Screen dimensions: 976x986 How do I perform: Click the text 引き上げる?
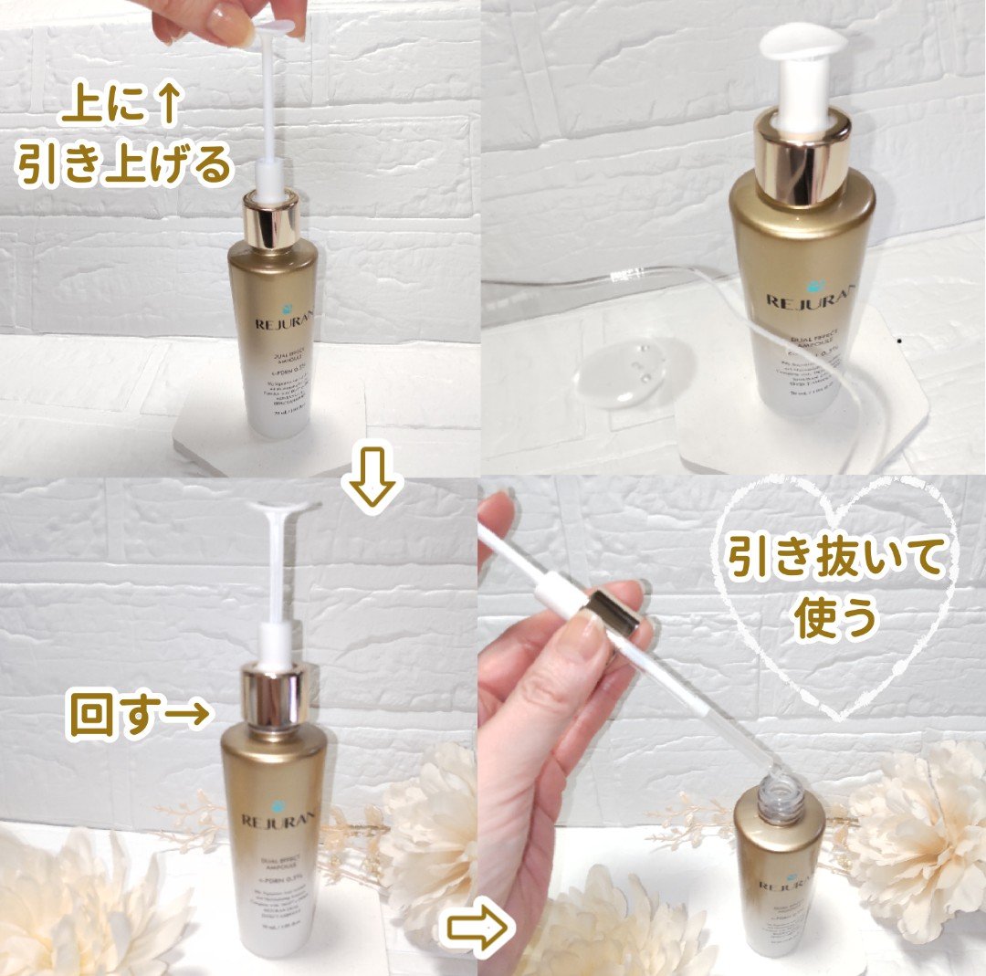pyautogui.click(x=124, y=165)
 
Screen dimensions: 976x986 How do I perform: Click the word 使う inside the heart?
pyautogui.click(x=835, y=619)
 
